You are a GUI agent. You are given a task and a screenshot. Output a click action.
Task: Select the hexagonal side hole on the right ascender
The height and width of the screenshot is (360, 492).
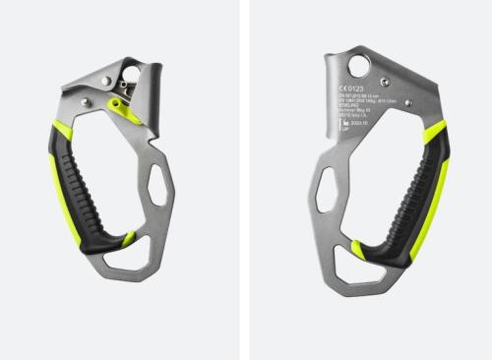327,188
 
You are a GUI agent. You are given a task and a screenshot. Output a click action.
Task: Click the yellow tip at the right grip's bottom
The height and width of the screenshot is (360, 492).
358,250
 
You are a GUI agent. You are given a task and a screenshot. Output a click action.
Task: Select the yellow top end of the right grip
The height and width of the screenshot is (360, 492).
434,134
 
